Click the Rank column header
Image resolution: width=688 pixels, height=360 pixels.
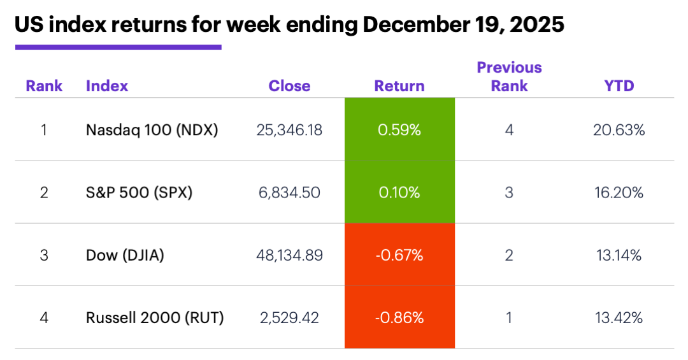click(44, 86)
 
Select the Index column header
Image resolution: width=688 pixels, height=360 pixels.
click(107, 86)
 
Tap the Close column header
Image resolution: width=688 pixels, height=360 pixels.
click(289, 86)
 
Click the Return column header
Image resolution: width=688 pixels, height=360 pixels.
click(399, 86)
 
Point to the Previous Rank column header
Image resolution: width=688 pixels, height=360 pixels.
click(509, 76)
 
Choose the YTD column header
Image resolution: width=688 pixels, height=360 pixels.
click(619, 86)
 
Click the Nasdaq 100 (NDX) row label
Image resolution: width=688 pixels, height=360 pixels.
click(152, 130)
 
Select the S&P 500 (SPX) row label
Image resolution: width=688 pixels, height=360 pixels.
click(139, 192)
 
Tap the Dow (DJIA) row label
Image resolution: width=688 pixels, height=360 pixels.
click(125, 256)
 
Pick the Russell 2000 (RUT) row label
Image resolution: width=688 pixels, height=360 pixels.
click(155, 317)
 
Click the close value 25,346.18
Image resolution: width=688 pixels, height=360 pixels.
click(289, 130)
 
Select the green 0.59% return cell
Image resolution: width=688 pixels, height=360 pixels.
click(399, 130)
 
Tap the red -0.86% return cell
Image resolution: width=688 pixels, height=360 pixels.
click(399, 317)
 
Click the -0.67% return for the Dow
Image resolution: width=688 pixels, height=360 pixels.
click(399, 256)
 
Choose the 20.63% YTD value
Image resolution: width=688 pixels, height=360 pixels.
click(619, 130)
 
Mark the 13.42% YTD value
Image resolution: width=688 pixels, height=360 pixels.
click(619, 317)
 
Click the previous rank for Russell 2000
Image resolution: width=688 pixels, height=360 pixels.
click(509, 317)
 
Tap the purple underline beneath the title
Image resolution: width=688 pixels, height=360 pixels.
click(118, 47)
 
